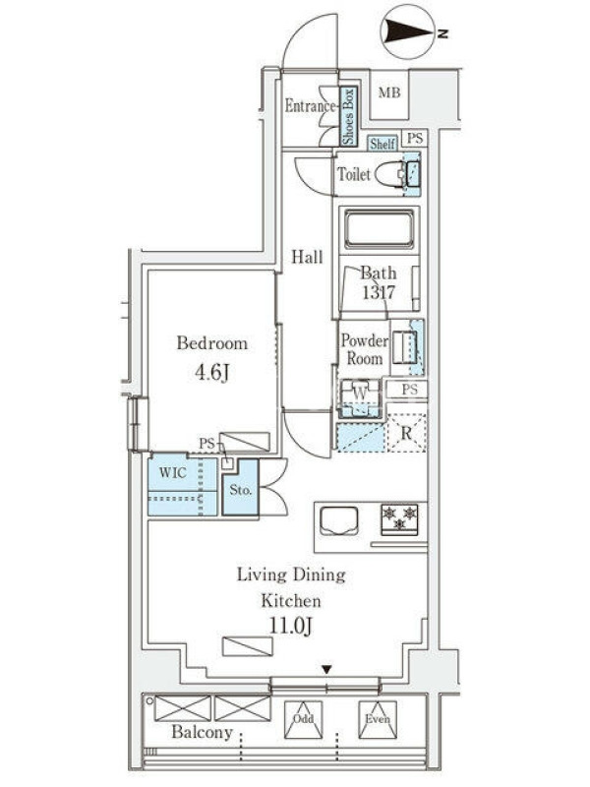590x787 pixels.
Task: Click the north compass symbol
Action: (x=410, y=32)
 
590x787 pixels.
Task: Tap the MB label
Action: (x=389, y=92)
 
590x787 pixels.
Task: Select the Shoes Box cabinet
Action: (x=349, y=116)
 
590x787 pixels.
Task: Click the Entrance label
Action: (x=310, y=106)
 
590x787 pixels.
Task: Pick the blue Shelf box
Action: (x=383, y=144)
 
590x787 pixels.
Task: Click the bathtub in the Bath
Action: (x=380, y=230)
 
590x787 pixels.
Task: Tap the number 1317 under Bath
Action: (x=379, y=292)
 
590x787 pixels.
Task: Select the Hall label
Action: (x=307, y=258)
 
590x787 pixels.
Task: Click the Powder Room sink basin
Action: (x=404, y=347)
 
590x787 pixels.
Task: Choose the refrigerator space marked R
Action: (x=406, y=432)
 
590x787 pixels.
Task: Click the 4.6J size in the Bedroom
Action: (x=212, y=373)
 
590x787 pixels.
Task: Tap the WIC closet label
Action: (x=172, y=472)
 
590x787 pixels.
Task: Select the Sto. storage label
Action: (x=240, y=489)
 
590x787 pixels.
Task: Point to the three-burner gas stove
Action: (x=400, y=518)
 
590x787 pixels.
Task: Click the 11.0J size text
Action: (x=291, y=626)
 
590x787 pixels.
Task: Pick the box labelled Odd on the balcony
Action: (x=303, y=720)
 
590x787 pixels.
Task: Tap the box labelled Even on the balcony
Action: (x=378, y=720)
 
